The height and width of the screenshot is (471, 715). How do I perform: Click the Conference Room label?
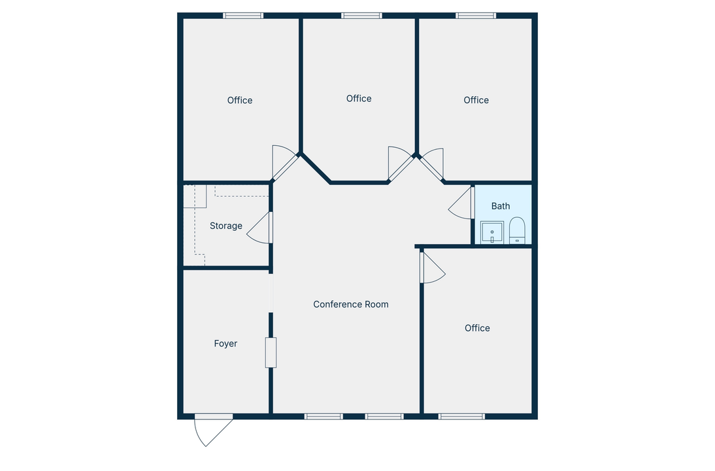pos(350,304)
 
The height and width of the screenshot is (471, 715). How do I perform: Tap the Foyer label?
pos(225,343)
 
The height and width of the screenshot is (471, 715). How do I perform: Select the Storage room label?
pos(225,226)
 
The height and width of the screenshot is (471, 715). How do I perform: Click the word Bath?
pos(501,206)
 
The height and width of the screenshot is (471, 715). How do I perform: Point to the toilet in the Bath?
pos(517,230)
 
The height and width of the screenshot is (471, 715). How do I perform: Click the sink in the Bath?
pos(491,232)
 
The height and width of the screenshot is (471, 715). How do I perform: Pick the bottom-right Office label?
pos(477,328)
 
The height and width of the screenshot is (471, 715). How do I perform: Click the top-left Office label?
pos(240,100)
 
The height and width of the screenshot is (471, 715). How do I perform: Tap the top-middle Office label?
pos(359,98)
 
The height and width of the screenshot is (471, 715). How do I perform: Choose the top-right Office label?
pos(476,100)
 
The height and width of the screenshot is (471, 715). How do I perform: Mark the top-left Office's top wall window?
pos(243,16)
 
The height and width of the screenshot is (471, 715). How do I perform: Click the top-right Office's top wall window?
pos(476,16)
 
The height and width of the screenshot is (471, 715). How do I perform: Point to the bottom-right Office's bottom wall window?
pos(461,416)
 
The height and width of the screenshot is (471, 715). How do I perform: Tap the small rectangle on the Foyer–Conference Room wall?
pos(271,352)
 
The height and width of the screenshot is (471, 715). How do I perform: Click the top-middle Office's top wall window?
pos(361,16)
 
